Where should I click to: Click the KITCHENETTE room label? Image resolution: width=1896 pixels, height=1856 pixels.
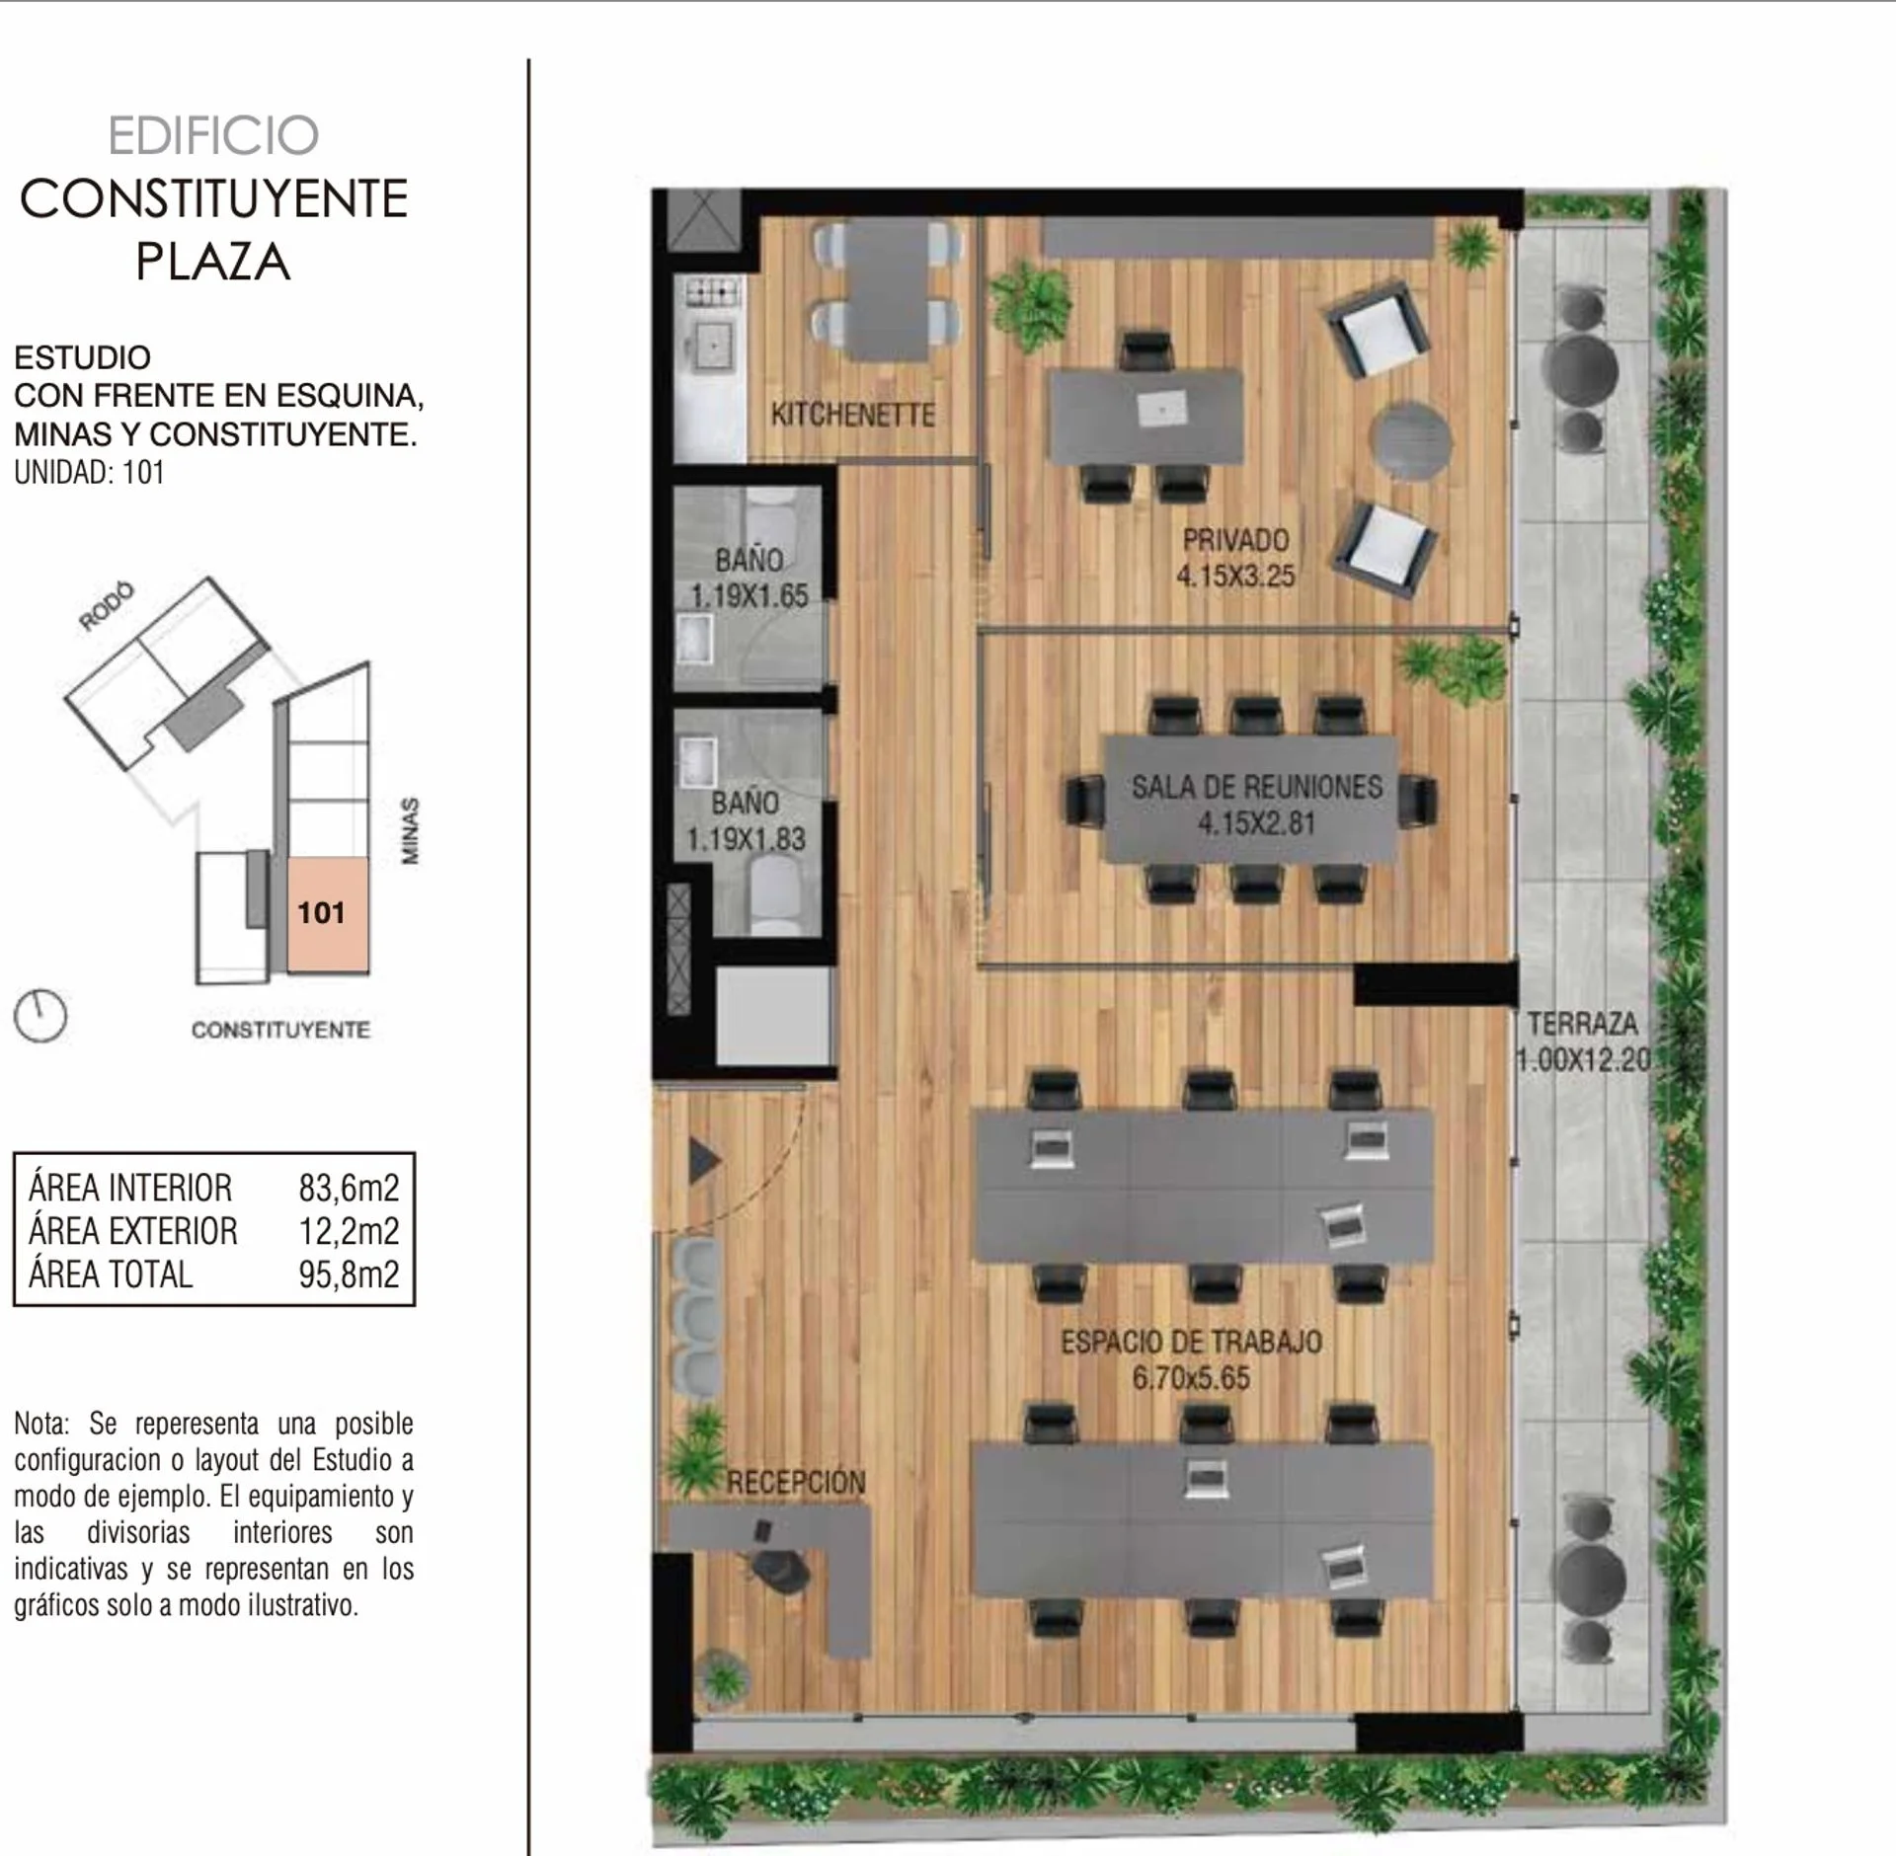[852, 415]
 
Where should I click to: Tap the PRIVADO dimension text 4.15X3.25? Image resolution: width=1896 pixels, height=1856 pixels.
[1235, 576]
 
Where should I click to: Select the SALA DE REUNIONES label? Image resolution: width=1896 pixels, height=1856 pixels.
[1257, 787]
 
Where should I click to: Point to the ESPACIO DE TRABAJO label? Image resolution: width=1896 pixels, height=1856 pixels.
[1191, 1342]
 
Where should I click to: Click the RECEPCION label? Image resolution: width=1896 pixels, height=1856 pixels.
[796, 1482]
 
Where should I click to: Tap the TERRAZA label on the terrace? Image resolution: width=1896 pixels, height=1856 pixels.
[1582, 1024]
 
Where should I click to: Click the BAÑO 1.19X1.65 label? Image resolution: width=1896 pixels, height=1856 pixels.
[750, 579]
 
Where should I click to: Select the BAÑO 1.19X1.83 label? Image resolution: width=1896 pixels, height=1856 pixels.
[747, 821]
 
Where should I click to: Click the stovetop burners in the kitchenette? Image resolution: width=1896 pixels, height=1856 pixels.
[713, 291]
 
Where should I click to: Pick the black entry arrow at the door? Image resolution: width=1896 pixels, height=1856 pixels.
[703, 1161]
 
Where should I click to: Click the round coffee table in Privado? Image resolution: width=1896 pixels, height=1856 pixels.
[1412, 440]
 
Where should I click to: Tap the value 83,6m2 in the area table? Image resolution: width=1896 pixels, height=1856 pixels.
[349, 1188]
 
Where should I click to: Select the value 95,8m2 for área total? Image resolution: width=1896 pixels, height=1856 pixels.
[349, 1275]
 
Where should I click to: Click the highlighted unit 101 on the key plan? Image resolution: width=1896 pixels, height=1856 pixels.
[328, 914]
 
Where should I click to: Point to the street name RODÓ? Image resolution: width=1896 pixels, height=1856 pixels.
[107, 606]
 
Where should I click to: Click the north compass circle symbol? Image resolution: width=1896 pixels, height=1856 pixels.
[40, 1016]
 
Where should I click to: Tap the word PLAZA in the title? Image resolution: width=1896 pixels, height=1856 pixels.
[213, 262]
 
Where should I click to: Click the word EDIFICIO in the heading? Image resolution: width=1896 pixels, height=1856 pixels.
[213, 136]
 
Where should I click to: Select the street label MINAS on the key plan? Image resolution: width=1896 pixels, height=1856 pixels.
[410, 831]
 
